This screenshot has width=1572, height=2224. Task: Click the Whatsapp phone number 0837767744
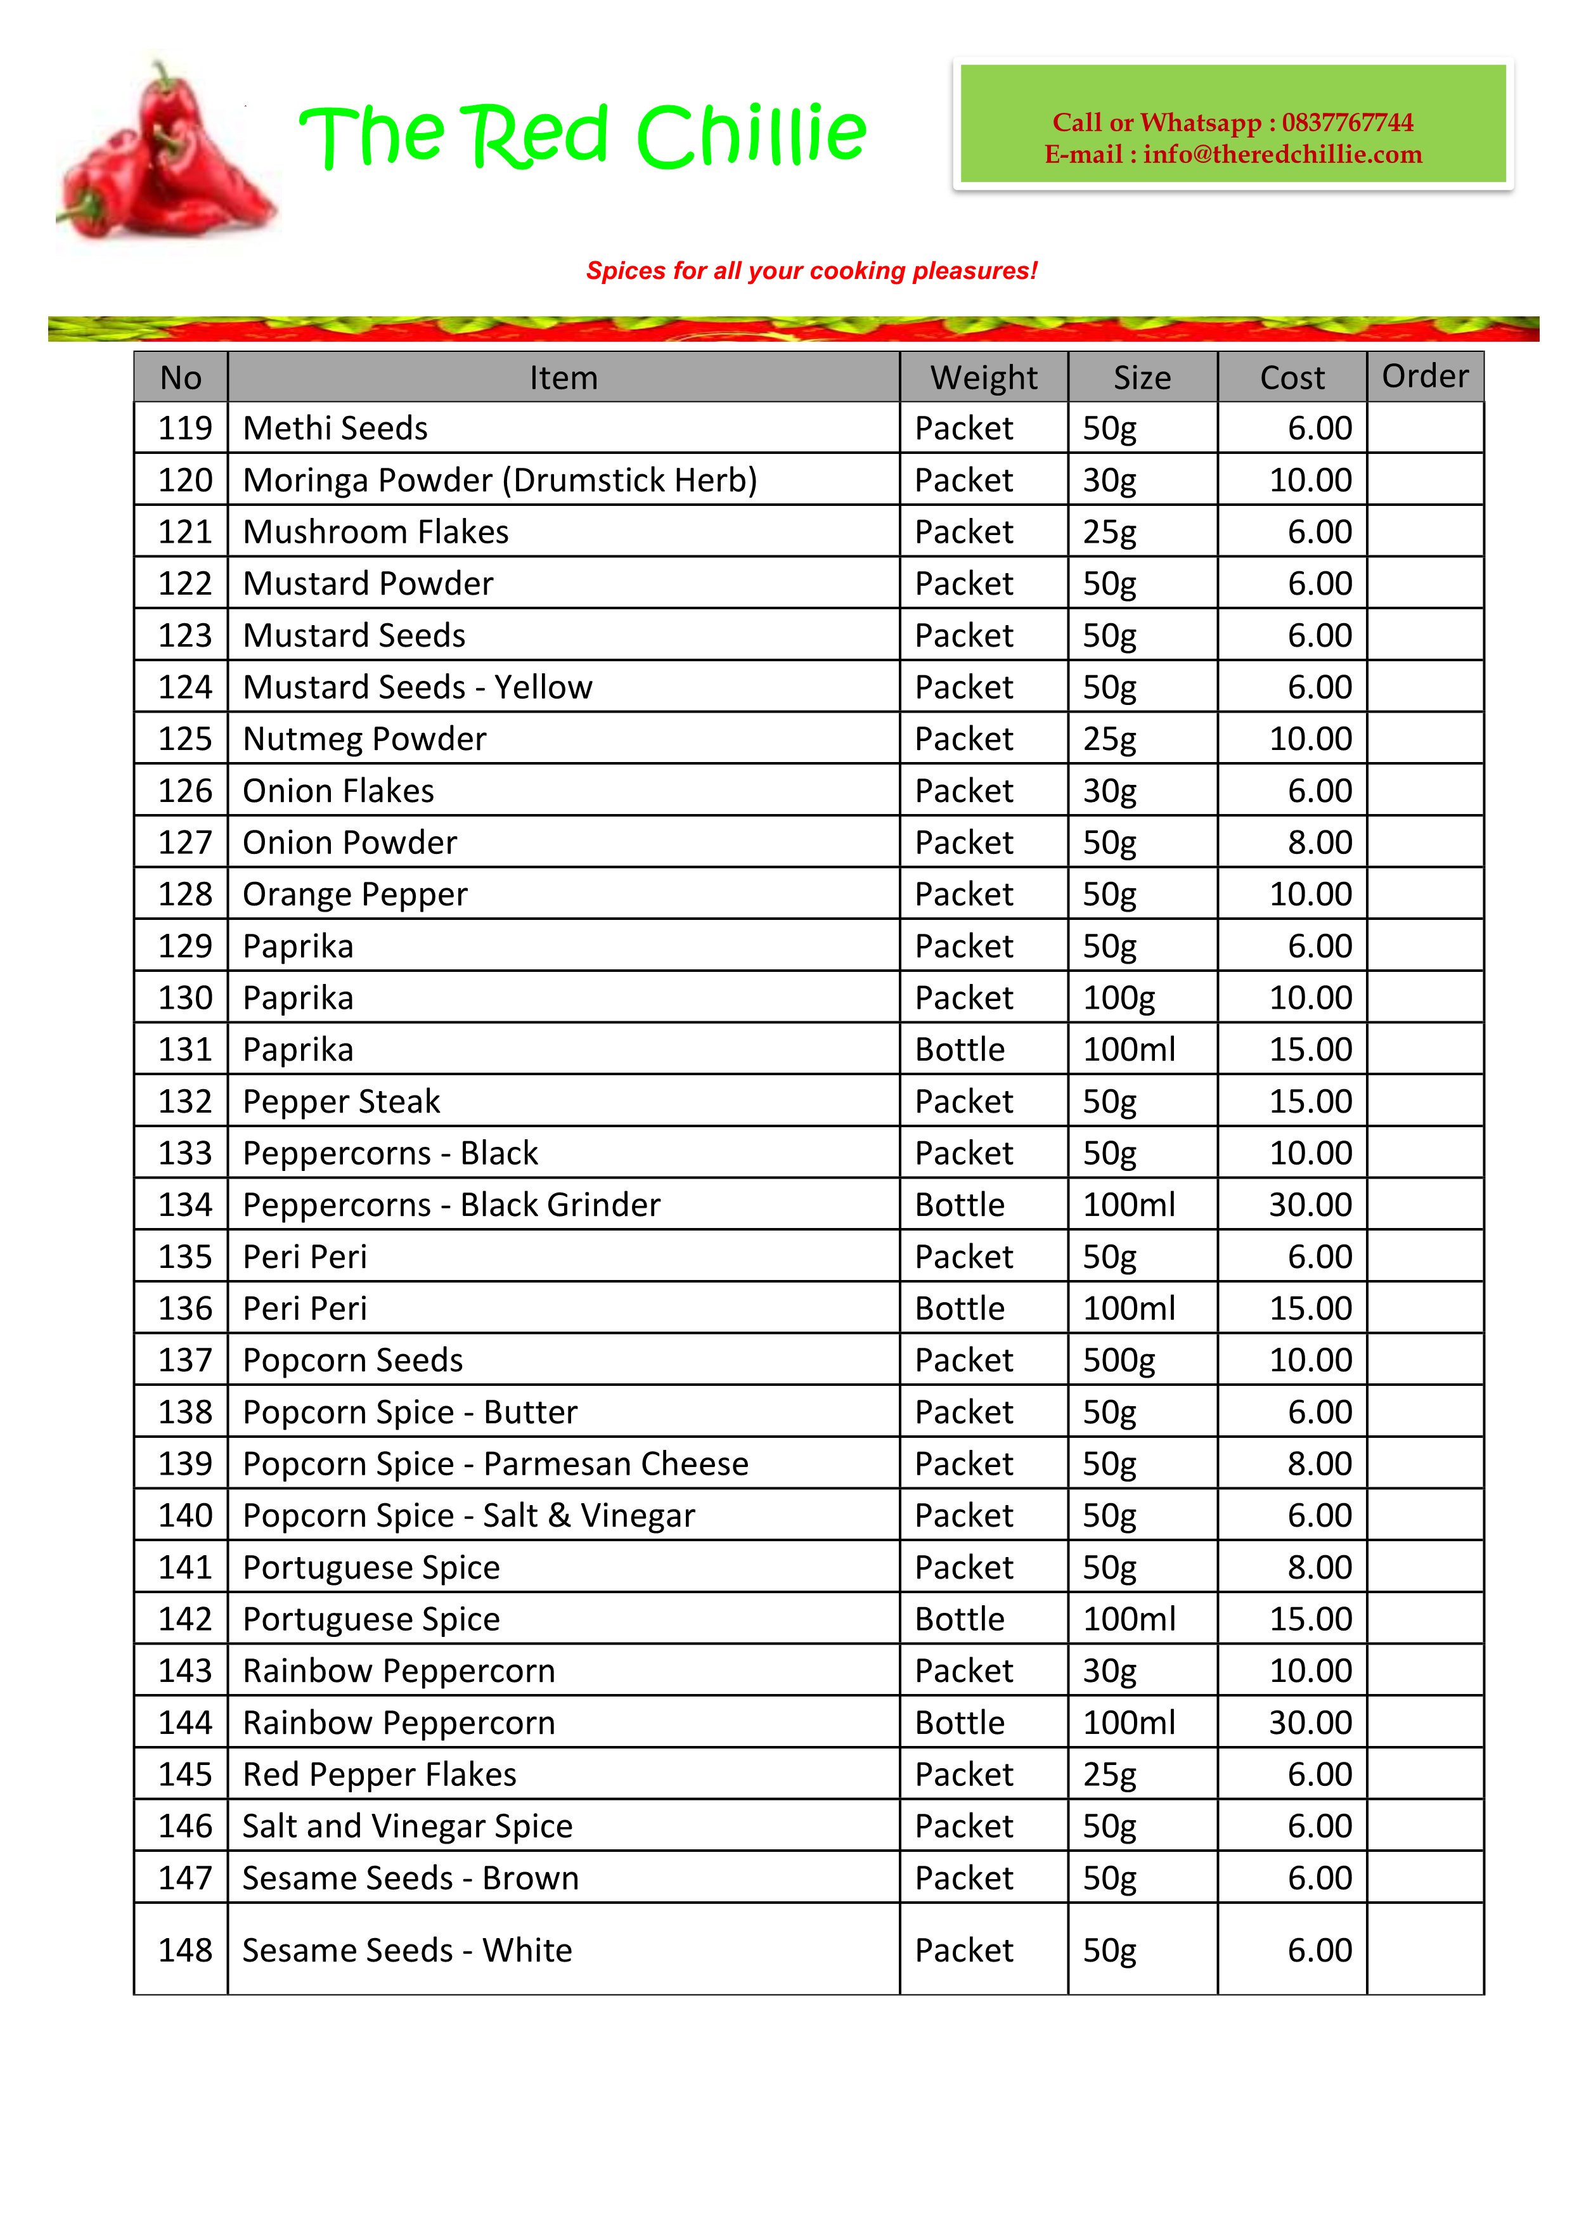click(1346, 122)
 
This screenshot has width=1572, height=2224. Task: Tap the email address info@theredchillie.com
click(1282, 155)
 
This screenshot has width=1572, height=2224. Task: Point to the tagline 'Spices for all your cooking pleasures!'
click(811, 271)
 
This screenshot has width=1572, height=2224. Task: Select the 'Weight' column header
click(983, 378)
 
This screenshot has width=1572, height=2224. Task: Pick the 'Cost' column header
click(1291, 378)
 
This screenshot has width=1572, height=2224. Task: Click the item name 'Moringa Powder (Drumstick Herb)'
click(499, 481)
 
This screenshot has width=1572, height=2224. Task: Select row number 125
click(184, 739)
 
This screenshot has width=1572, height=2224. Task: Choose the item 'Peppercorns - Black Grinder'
click(451, 1205)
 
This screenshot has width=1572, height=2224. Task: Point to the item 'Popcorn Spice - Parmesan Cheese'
click(495, 1464)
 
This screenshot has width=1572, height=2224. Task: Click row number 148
click(184, 1950)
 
